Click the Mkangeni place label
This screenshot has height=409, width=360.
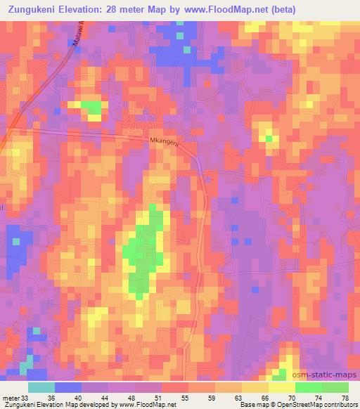tap(165, 142)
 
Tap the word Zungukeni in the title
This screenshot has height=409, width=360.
tap(37, 10)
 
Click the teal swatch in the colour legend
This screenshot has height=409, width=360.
tap(41, 387)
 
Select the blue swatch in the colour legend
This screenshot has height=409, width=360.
tap(68, 387)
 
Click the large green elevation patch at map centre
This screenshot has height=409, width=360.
tap(143, 253)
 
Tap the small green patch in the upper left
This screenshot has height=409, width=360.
tap(91, 108)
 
